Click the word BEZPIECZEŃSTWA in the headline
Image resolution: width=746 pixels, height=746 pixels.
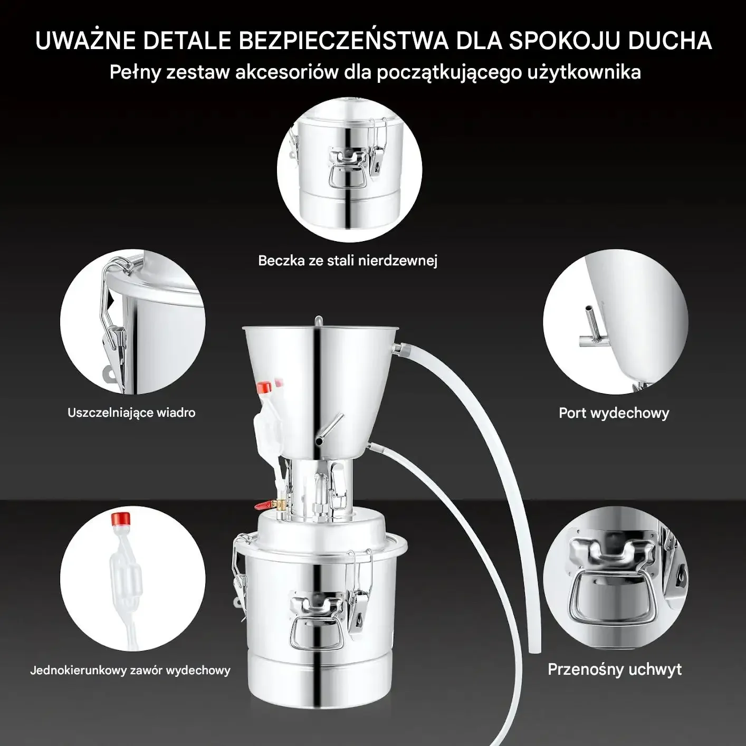[x=342, y=40]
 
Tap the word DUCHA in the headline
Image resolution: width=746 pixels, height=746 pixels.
[x=670, y=41]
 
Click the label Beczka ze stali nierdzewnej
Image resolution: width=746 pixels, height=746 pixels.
[x=348, y=261]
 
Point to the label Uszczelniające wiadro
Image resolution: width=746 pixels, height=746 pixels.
[x=131, y=413]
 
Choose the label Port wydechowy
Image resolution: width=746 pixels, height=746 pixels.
[x=614, y=413]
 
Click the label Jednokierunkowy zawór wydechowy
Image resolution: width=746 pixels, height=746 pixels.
[x=130, y=670]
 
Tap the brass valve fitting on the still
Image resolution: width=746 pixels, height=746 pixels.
[x=279, y=505]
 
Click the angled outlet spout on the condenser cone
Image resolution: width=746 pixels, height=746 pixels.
[x=329, y=429]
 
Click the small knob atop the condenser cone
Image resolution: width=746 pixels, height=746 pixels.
[x=318, y=321]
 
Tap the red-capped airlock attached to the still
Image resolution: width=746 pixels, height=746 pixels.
[x=267, y=418]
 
